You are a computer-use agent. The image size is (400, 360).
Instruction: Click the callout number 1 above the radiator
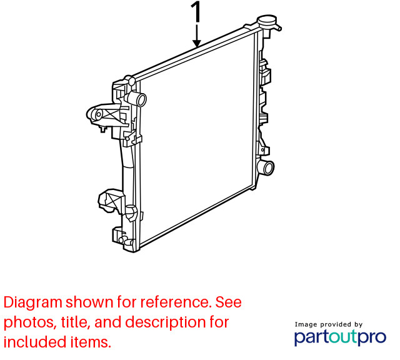[196, 12]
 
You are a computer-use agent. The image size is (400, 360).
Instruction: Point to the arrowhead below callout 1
[197, 43]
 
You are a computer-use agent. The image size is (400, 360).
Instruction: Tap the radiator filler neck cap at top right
[267, 19]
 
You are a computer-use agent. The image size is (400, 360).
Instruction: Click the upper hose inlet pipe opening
[141, 100]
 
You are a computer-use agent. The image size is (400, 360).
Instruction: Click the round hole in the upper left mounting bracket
[99, 115]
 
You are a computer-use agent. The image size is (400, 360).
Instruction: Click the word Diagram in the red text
[33, 303]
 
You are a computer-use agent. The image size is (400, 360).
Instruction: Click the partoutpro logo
[340, 337]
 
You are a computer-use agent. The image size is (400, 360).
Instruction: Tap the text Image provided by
[329, 324]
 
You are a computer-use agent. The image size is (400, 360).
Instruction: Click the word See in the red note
[229, 302]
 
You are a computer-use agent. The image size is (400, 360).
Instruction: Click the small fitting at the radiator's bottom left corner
[122, 239]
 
